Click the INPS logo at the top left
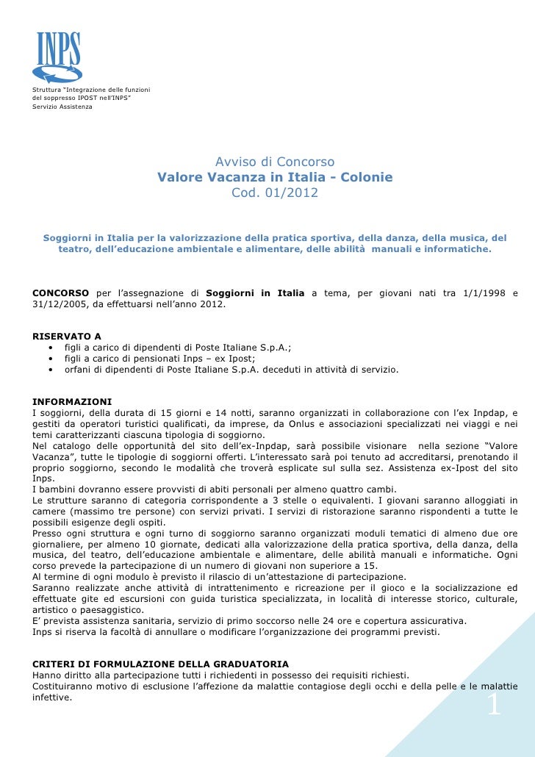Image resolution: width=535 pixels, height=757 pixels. (x=56, y=57)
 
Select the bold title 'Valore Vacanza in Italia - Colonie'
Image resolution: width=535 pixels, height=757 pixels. (x=275, y=178)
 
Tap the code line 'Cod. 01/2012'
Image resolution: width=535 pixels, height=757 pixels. (x=275, y=194)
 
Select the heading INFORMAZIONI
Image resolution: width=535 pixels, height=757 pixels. (x=72, y=401)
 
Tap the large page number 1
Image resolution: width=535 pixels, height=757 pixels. (x=493, y=706)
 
